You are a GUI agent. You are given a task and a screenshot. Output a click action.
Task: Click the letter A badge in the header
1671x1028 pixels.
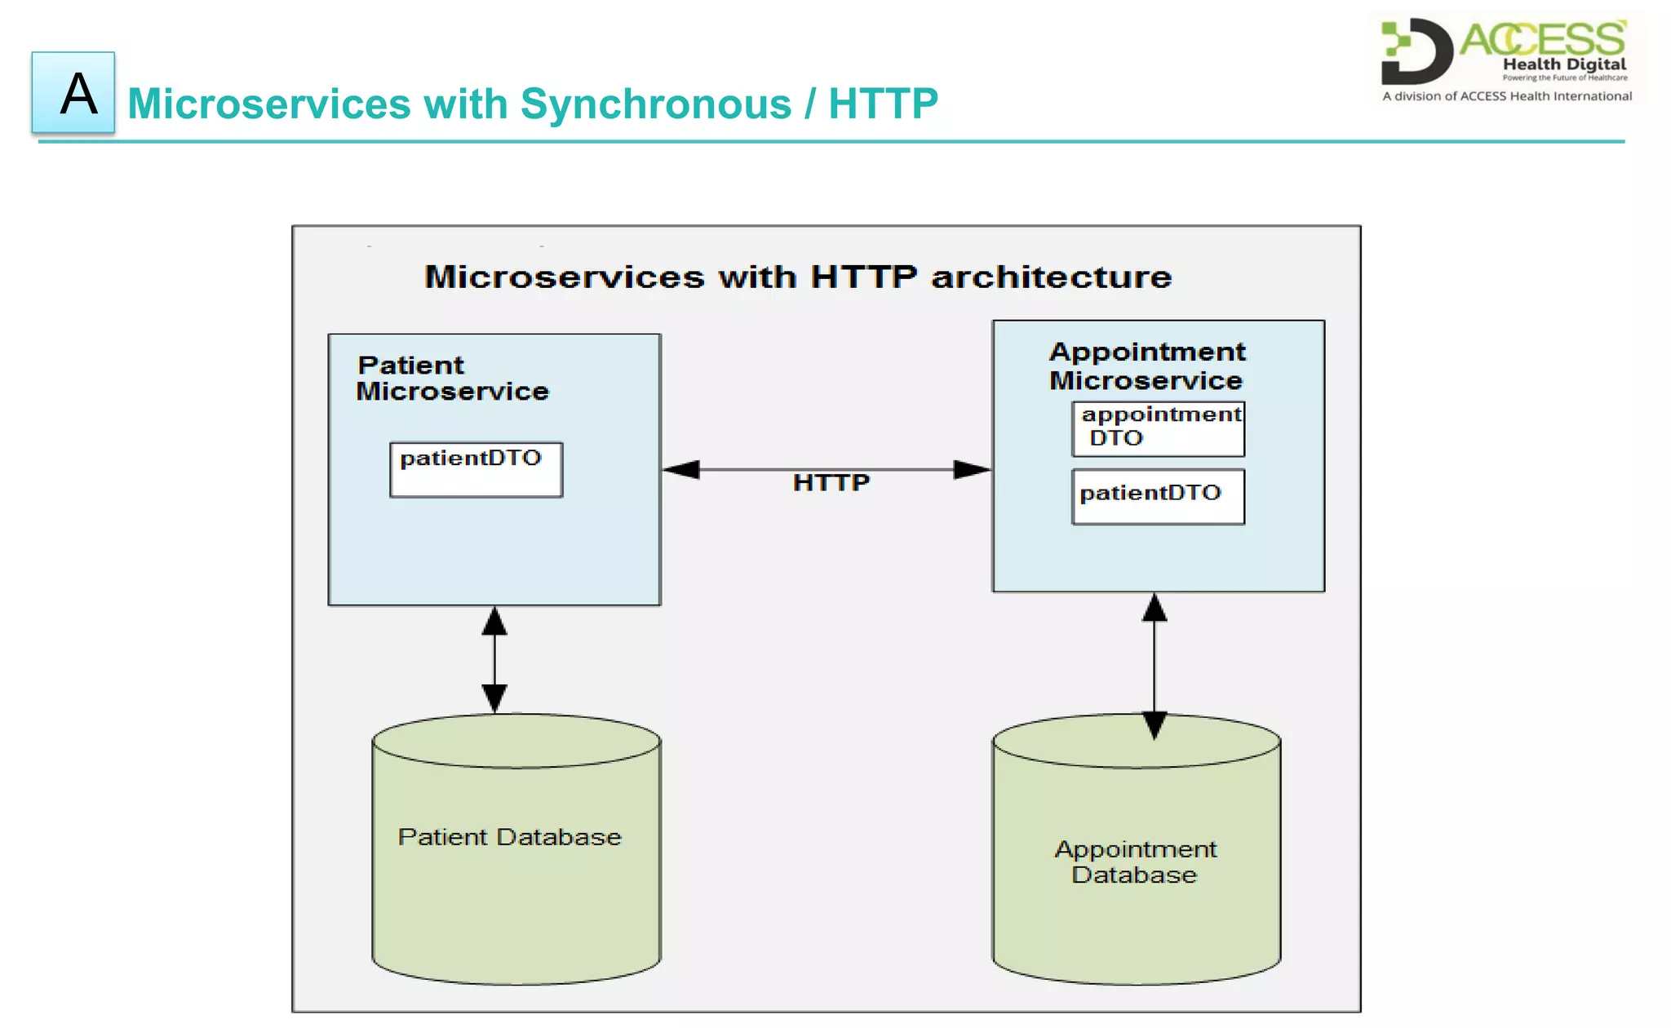(73, 92)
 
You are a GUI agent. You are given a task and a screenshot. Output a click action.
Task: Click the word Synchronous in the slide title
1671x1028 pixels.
(655, 104)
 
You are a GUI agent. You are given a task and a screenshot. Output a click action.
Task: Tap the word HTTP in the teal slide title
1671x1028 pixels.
(883, 104)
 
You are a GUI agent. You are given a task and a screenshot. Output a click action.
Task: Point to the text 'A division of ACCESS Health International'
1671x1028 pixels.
(1506, 96)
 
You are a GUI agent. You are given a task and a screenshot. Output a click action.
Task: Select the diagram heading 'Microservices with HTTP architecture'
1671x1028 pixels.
(797, 277)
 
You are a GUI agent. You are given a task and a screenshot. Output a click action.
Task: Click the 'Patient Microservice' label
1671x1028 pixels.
(452, 379)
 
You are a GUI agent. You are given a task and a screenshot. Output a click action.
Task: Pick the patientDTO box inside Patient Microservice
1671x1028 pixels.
(476, 469)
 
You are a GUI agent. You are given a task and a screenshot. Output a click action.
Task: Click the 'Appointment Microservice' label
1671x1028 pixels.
(1146, 366)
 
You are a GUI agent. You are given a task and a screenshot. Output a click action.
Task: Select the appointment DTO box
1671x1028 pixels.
(1158, 428)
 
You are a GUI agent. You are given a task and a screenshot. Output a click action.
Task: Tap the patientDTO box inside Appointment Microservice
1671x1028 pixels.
(1158, 496)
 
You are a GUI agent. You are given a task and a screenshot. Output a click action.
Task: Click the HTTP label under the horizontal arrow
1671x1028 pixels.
(831, 483)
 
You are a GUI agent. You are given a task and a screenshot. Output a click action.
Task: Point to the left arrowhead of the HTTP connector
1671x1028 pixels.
(682, 470)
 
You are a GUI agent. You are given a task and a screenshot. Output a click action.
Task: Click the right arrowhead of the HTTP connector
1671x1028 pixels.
(971, 470)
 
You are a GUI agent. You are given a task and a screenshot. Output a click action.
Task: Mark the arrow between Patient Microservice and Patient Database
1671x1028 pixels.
(494, 659)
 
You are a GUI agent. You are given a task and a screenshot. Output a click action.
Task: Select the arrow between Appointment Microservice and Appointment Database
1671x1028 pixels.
(1154, 665)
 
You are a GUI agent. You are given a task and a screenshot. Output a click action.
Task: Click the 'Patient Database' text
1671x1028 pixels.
(509, 837)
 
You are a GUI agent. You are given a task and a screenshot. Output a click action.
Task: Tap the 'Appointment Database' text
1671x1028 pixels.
(1135, 862)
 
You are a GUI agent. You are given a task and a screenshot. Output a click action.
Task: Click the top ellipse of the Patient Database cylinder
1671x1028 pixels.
(516, 741)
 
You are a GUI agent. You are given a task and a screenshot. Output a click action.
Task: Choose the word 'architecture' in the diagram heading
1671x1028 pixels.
(1051, 277)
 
